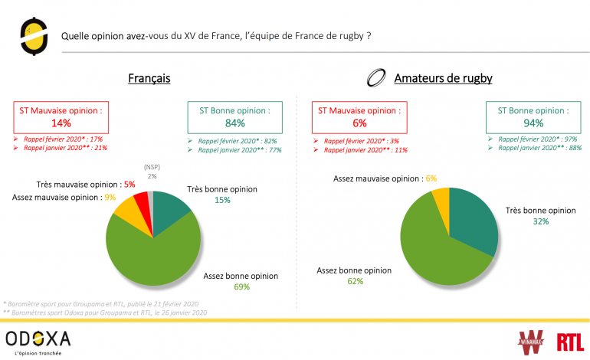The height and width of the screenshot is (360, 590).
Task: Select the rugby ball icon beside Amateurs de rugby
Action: pos(376,78)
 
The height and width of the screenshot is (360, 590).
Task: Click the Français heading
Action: pos(149,78)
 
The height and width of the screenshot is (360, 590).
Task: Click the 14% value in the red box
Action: pos(61,123)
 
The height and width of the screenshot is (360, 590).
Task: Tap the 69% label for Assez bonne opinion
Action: pos(241,288)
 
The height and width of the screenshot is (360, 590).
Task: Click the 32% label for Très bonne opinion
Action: pos(541,221)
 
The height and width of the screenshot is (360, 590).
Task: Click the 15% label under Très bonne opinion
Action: pos(222,201)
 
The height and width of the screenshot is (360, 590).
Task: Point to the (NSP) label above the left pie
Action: pos(152,166)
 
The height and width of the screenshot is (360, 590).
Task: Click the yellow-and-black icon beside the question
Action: pos(31,36)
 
